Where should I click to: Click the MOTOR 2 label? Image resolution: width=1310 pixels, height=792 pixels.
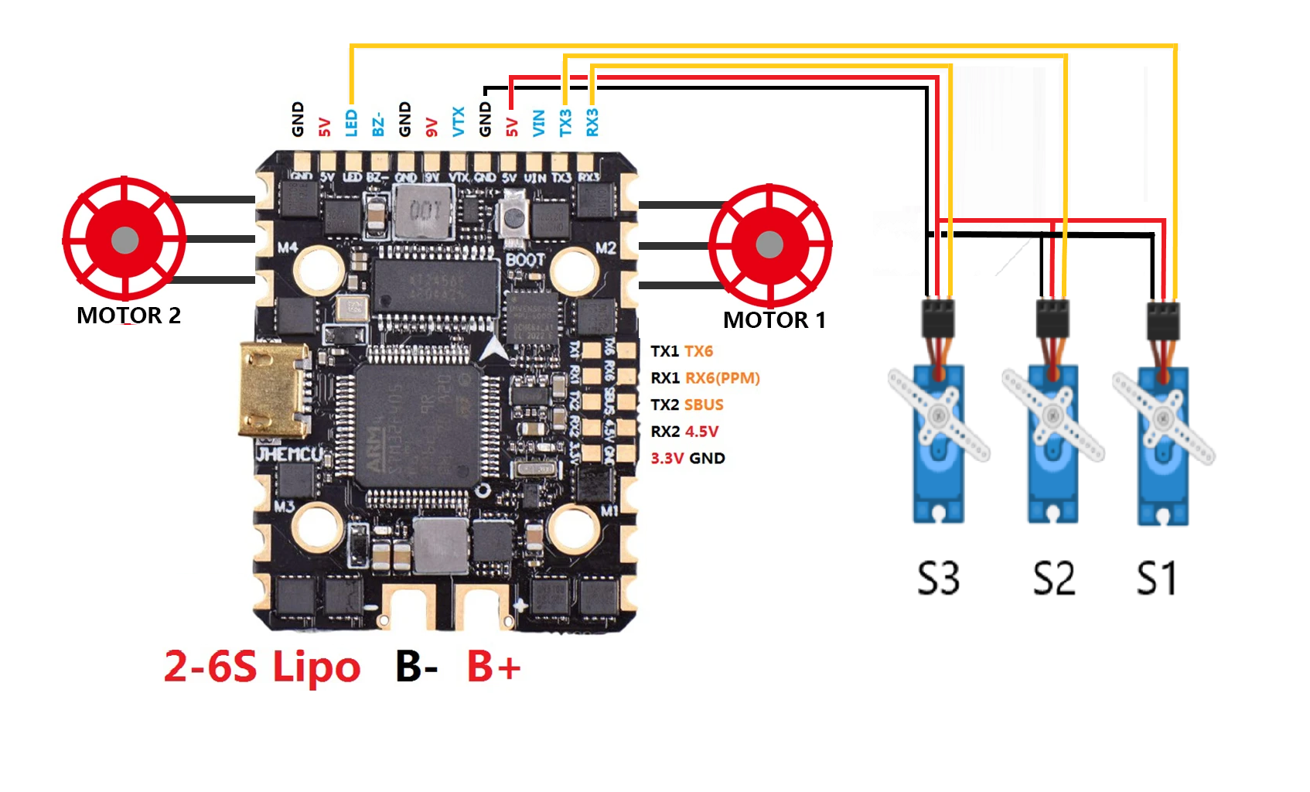[128, 316]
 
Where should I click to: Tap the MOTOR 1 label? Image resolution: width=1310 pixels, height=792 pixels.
[774, 320]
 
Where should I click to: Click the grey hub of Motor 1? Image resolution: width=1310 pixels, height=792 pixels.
[769, 245]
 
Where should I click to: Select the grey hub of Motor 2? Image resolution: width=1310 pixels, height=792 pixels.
[125, 240]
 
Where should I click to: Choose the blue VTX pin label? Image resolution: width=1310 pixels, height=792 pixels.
[459, 122]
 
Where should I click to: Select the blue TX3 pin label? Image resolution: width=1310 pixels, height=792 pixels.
[565, 122]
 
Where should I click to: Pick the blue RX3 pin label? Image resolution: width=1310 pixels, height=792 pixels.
[592, 122]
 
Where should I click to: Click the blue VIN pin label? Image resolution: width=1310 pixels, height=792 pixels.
[539, 123]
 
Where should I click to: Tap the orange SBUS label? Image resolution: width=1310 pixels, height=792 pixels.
[704, 405]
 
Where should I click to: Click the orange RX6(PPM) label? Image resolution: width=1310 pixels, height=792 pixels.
[722, 378]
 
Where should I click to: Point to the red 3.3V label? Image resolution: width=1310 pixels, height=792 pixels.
[667, 458]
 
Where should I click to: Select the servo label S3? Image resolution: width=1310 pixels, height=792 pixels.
[938, 578]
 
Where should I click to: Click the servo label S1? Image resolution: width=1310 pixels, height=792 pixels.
[1157, 578]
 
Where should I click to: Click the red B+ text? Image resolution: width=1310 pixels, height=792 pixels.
[493, 666]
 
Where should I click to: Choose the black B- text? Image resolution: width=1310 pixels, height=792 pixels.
[417, 666]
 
